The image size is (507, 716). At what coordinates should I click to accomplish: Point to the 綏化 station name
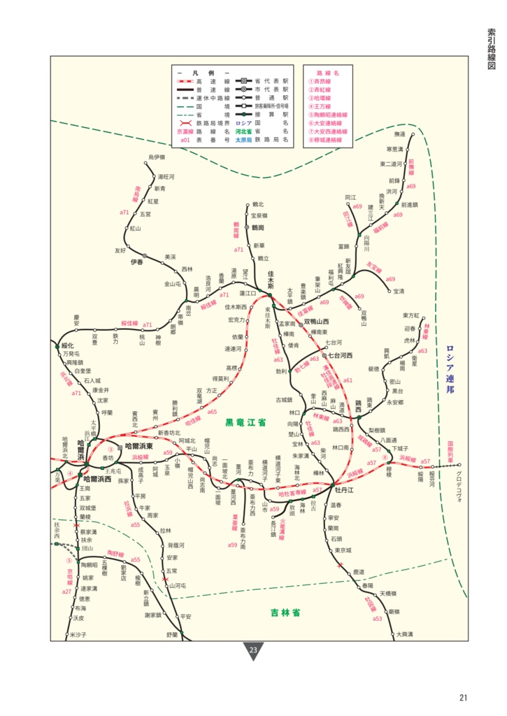point(68,345)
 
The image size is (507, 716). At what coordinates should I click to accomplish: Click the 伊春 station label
point(136,262)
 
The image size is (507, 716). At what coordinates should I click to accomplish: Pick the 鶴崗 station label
point(258,227)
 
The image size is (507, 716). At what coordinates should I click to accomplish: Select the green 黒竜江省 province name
point(246,424)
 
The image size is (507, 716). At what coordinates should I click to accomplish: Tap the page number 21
point(464,696)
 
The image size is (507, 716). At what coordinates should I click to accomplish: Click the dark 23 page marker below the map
point(253,651)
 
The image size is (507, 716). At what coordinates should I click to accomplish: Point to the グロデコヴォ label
point(459,479)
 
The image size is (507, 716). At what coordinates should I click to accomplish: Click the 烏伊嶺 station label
point(157,157)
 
